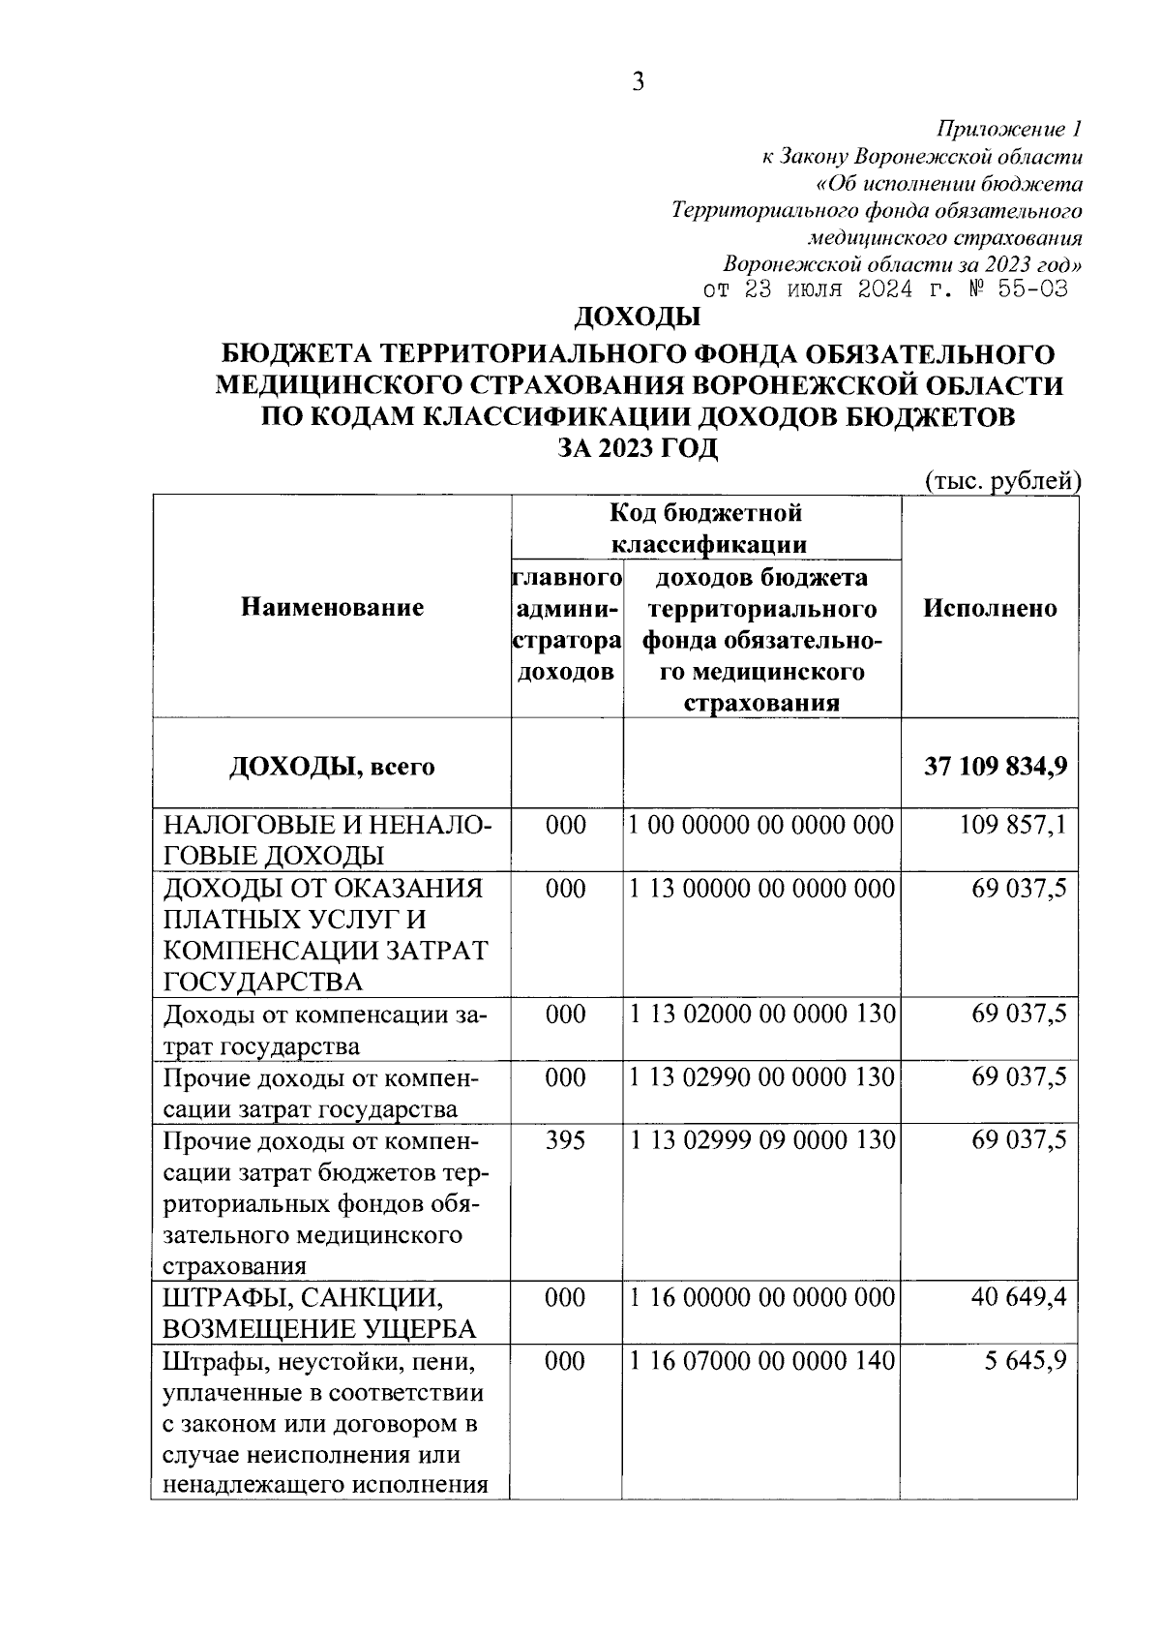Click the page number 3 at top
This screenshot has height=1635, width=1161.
(638, 83)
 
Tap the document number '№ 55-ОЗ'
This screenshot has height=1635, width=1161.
(1019, 289)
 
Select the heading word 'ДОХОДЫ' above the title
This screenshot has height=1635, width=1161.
(639, 317)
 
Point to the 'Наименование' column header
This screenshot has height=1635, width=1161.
(332, 608)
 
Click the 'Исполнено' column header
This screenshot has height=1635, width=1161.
(990, 608)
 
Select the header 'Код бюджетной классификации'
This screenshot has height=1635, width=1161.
(706, 528)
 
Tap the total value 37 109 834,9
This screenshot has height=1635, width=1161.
(996, 766)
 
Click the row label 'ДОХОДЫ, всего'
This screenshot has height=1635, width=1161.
(332, 767)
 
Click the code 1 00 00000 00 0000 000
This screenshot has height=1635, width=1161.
(761, 825)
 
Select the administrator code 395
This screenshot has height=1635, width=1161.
(566, 1139)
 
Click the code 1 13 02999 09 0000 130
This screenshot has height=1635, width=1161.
(761, 1139)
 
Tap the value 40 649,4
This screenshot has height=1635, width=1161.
(1019, 1297)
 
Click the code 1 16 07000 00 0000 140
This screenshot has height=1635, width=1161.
(761, 1361)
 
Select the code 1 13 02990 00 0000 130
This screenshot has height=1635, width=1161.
(761, 1076)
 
